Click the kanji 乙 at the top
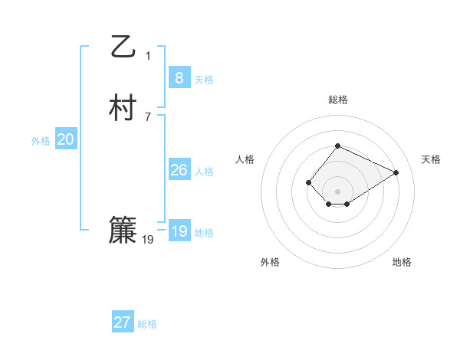click(x=123, y=47)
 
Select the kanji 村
click(x=123, y=108)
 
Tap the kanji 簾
click(x=123, y=231)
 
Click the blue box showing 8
click(x=179, y=77)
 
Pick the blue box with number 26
click(x=179, y=170)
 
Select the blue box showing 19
click(x=179, y=231)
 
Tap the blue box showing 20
click(x=66, y=139)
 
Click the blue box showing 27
click(x=123, y=322)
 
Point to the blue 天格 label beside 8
click(x=204, y=80)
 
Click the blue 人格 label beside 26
click(x=204, y=172)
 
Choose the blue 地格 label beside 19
click(x=204, y=233)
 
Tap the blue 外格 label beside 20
click(x=41, y=141)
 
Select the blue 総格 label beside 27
click(x=147, y=325)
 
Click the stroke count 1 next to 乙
click(x=148, y=55)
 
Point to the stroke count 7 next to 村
click(x=148, y=117)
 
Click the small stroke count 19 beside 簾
click(x=148, y=240)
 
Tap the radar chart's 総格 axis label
click(x=338, y=100)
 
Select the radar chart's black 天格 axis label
click(x=431, y=159)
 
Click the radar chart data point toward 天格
click(x=396, y=172)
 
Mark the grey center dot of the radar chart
click(x=338, y=191)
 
